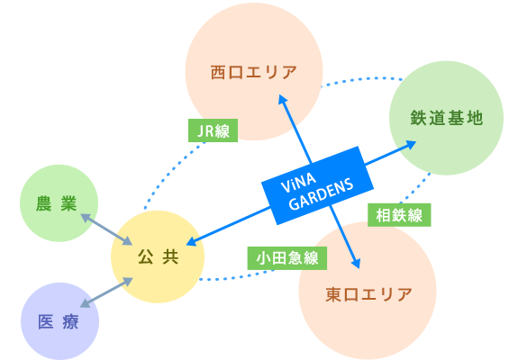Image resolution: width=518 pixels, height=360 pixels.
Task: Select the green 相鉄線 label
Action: pos(399,215)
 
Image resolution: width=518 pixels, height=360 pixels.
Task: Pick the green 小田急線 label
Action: pos(286,258)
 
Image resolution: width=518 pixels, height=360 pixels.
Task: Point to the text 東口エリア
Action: pos(368,294)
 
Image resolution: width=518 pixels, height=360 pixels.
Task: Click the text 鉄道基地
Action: pos(447,118)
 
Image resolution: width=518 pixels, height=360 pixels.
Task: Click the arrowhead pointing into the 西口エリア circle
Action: pos(282,99)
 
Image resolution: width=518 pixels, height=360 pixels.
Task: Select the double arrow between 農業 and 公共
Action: pos(106,229)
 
